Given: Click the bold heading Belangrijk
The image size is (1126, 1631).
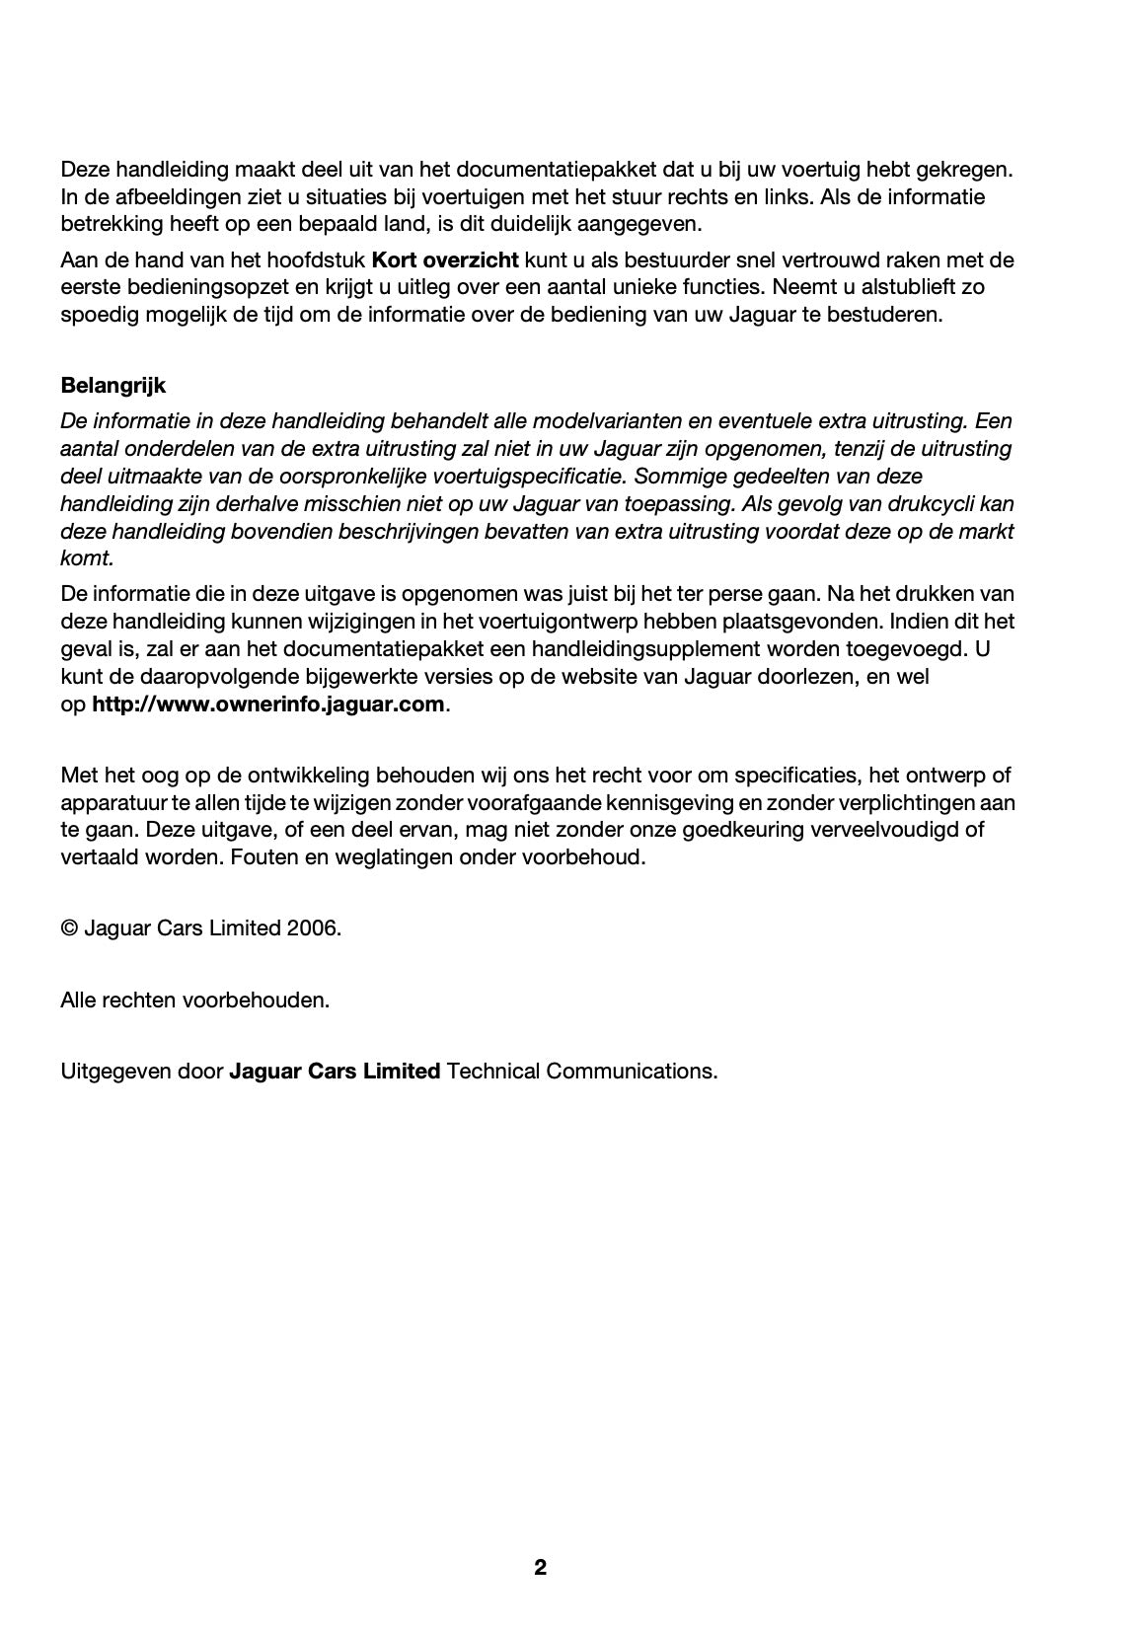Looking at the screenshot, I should point(113,385).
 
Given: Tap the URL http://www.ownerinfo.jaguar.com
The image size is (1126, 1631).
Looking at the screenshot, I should point(267,705).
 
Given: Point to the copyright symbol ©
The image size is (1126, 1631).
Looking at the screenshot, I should point(69,928).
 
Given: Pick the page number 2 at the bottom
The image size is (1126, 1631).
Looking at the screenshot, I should point(540,1568).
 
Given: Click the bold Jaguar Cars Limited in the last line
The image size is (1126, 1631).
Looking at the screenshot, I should point(335,1071).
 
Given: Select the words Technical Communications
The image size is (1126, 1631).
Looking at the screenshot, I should point(581,1071).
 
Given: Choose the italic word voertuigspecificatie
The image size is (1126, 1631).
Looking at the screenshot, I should point(529,476).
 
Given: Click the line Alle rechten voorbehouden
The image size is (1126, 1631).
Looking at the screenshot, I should point(195,1000).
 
